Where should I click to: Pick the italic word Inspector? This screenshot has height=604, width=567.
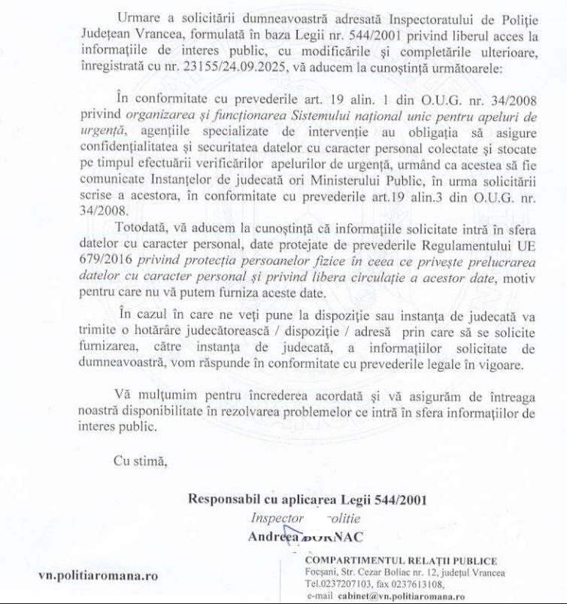click(x=277, y=519)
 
